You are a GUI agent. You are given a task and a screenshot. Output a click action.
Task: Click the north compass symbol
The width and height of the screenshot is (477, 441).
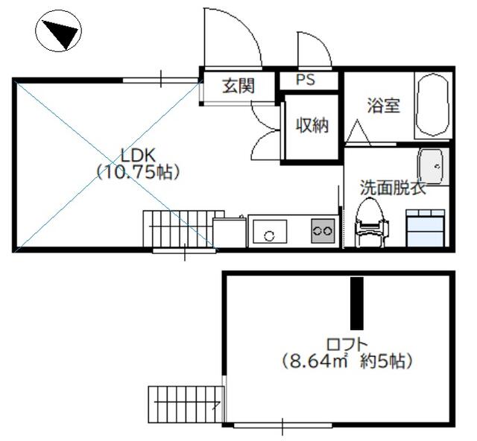pyautogui.click(x=58, y=31)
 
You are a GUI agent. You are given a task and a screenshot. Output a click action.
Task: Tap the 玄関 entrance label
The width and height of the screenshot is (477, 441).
pyautogui.click(x=238, y=86)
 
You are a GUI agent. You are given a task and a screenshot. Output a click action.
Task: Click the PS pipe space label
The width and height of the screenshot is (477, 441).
pyautogui.click(x=306, y=80)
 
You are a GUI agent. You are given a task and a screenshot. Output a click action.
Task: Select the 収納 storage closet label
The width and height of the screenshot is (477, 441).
pyautogui.click(x=312, y=125)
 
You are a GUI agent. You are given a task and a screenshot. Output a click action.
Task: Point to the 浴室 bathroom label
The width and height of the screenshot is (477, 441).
pyautogui.click(x=383, y=105)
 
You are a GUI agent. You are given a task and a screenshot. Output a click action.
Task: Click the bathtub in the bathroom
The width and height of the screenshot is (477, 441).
pyautogui.click(x=432, y=105)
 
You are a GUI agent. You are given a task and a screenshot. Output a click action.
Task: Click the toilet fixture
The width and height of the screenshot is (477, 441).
pyautogui.click(x=371, y=221)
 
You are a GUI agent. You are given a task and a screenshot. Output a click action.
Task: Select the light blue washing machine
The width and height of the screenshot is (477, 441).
pyautogui.click(x=426, y=228)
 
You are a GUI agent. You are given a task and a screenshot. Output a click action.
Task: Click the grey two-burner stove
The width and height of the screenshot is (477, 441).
pyautogui.click(x=323, y=231)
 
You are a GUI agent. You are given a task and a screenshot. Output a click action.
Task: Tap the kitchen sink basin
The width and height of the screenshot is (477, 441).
pyautogui.click(x=270, y=232)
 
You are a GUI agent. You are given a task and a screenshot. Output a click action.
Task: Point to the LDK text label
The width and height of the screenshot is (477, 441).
pyautogui.click(x=139, y=156)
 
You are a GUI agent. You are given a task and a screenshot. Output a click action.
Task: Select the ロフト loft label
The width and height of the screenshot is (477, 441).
pyautogui.click(x=347, y=345)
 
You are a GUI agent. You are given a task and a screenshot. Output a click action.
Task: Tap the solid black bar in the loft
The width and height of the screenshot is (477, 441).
pyautogui.click(x=357, y=303)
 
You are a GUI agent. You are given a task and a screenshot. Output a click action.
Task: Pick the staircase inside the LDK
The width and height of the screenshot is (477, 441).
pyautogui.click(x=184, y=229)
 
